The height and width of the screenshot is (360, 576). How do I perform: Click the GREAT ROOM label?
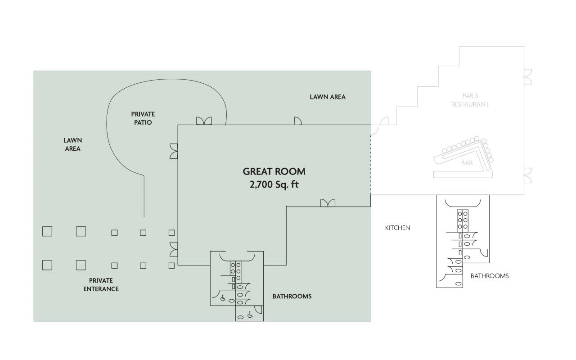274,171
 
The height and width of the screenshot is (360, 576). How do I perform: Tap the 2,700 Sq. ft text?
274,184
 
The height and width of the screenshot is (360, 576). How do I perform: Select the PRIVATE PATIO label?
143,118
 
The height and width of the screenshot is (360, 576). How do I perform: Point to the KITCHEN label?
397,228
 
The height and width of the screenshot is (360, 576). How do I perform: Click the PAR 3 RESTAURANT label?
470,100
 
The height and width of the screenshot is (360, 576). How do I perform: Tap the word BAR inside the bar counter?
467,163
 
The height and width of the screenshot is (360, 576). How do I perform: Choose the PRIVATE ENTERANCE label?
101,285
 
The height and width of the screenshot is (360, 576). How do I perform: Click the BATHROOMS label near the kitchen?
490,276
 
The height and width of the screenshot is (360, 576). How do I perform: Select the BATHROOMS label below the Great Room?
292,297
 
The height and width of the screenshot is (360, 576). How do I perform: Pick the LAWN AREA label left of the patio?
73,144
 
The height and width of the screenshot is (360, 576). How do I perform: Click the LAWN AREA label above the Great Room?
328,97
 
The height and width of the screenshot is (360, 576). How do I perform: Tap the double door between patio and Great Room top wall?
204,121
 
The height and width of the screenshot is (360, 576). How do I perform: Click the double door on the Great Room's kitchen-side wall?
328,203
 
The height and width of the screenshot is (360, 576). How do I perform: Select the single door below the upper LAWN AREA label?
298,121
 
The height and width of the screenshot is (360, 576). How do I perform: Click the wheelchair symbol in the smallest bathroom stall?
250,315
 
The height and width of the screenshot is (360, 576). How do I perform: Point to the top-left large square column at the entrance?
47,231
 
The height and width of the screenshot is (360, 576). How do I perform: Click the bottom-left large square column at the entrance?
47,265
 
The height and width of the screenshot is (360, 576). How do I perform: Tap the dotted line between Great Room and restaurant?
370,165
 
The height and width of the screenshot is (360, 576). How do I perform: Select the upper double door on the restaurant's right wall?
528,76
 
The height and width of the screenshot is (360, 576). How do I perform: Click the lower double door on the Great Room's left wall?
174,249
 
